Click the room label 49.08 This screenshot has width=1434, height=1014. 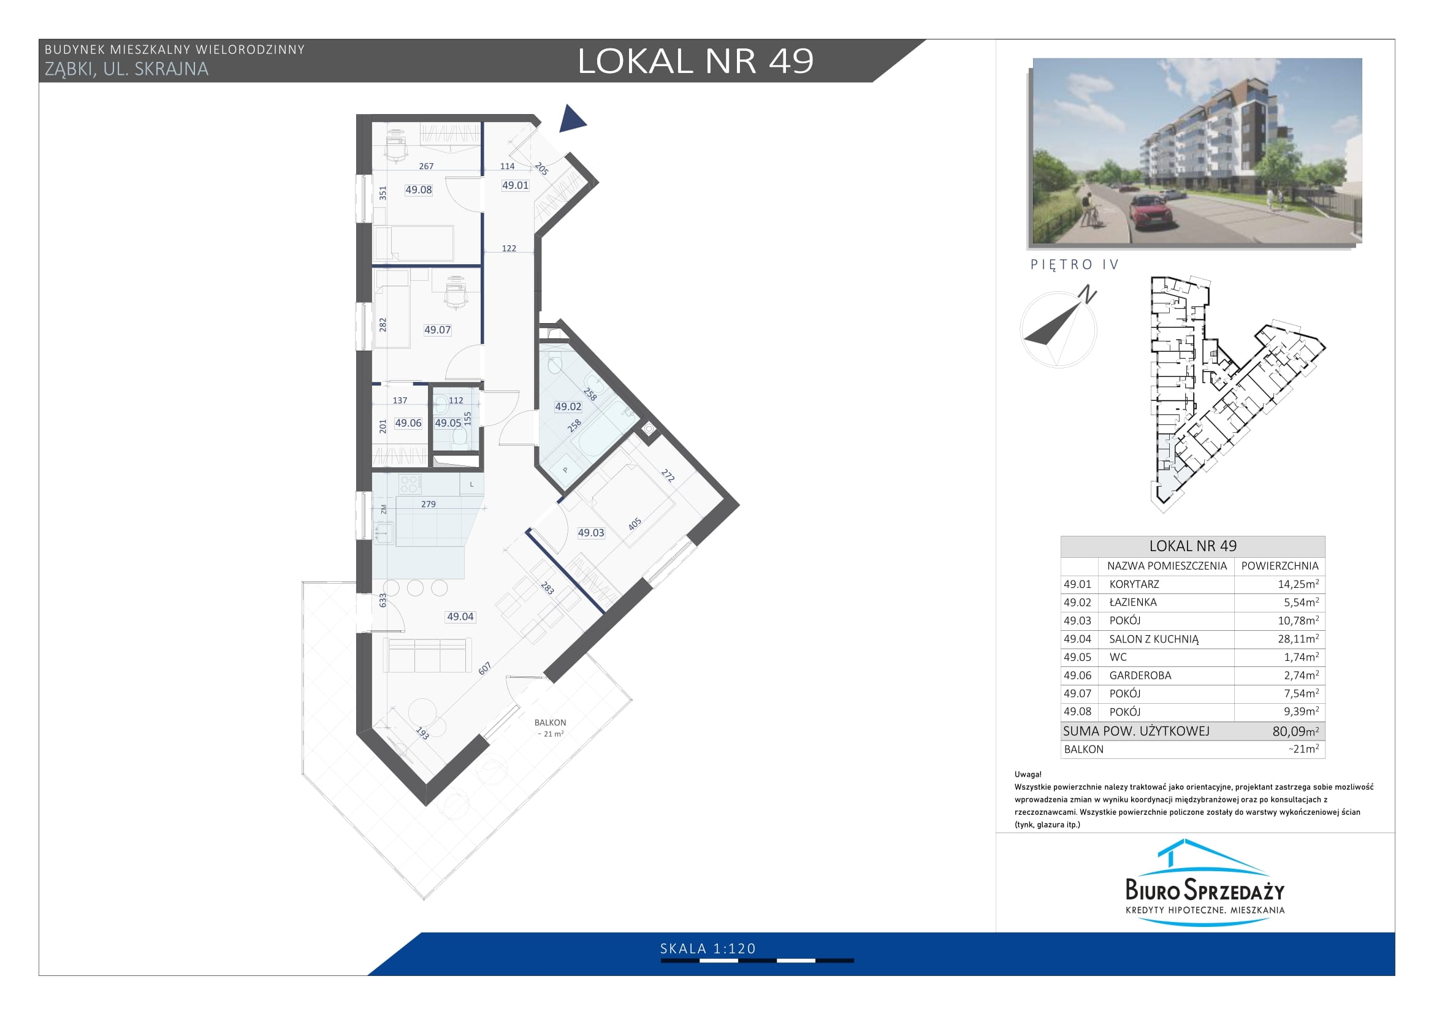419,190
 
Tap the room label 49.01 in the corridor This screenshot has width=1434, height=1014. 515,185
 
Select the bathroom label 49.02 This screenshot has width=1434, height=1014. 568,406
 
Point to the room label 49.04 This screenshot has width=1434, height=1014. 460,617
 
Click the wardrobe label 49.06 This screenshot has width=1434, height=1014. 408,424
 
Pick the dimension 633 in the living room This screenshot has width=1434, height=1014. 383,600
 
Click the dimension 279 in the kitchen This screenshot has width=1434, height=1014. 429,505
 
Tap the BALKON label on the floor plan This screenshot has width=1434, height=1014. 550,722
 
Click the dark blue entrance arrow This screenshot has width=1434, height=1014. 570,119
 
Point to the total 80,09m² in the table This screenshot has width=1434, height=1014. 1296,731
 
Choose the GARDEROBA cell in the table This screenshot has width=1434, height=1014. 1140,676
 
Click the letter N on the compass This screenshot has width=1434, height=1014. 1088,294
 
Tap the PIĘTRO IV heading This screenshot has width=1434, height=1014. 1074,265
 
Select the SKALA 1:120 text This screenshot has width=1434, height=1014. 708,949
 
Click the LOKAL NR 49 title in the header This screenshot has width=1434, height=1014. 696,61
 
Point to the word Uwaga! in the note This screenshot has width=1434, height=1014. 1028,775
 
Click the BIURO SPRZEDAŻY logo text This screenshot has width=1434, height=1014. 1205,889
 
